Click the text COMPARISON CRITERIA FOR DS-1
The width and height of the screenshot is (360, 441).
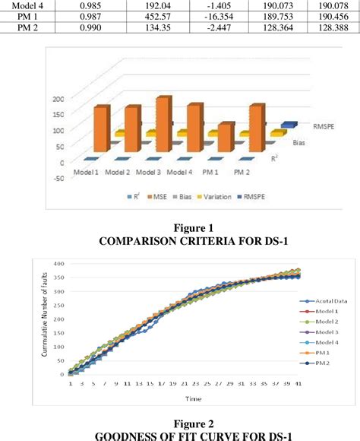pyautogui.click(x=180, y=242)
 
